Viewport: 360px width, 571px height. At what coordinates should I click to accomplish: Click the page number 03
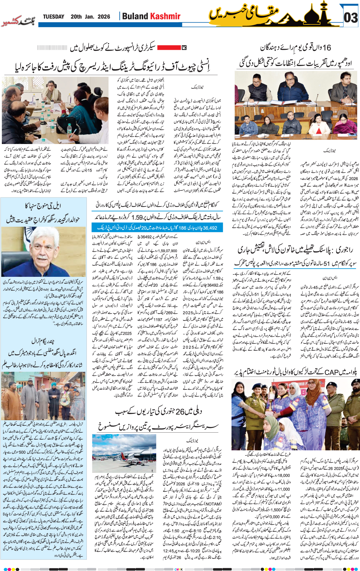tap(350, 18)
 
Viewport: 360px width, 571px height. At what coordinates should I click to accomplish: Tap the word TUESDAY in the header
tap(54, 17)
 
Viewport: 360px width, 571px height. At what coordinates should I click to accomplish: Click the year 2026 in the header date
tap(104, 17)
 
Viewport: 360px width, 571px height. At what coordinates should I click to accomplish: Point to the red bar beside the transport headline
tap(168, 47)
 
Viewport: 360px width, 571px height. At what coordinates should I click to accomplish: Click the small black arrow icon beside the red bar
tap(184, 47)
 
